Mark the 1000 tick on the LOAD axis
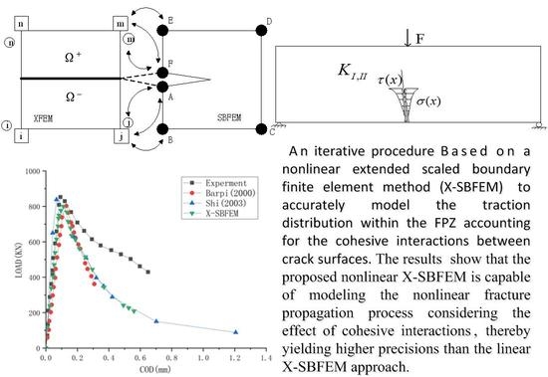30,172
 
